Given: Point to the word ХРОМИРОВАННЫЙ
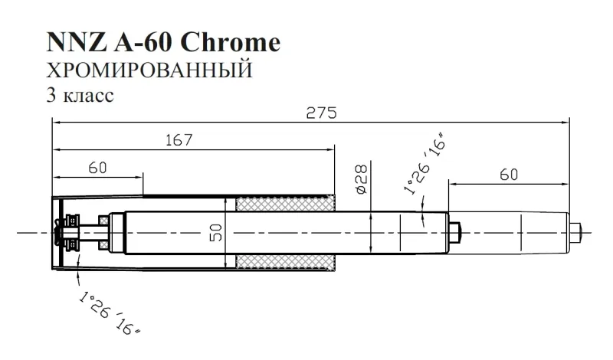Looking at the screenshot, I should click(x=149, y=72).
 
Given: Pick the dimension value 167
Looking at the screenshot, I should click(x=177, y=141).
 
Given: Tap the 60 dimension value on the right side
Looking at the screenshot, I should click(x=508, y=175).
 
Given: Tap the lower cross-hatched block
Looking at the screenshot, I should click(x=286, y=260).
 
